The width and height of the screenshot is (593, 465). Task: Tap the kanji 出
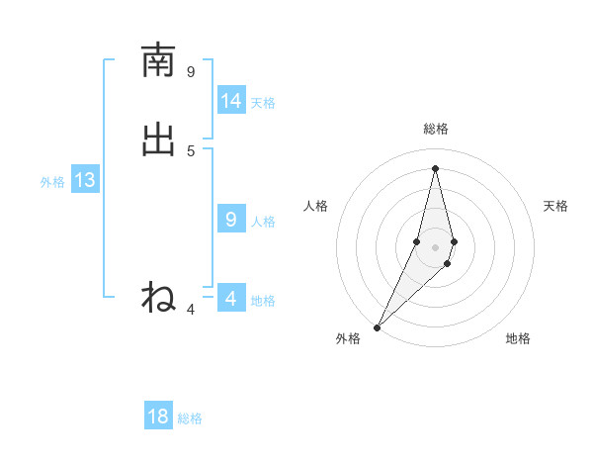[x=158, y=139]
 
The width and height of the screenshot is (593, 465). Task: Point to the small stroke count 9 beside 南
[x=191, y=71]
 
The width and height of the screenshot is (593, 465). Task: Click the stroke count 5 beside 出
[x=191, y=150]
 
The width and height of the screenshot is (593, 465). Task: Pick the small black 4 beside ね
[x=191, y=310]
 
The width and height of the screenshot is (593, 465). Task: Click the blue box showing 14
[x=231, y=101]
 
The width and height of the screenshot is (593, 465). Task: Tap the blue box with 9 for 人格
[x=231, y=220]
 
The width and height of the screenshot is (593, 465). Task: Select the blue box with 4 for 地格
[x=231, y=298]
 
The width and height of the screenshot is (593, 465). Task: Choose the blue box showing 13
[x=85, y=180]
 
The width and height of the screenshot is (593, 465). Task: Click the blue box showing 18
[x=158, y=417]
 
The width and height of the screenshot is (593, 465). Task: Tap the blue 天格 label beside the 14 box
[x=263, y=103]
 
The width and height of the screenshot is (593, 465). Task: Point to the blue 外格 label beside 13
[x=52, y=182]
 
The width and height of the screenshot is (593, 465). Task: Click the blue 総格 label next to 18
[x=190, y=418]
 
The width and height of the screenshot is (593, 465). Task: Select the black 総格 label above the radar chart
[x=435, y=129]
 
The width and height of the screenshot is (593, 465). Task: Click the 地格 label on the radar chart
[x=518, y=338]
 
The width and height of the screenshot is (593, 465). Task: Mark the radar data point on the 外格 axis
[x=377, y=327]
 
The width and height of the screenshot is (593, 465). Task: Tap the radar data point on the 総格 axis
[x=435, y=167]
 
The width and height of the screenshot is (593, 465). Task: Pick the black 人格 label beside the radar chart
[x=315, y=206]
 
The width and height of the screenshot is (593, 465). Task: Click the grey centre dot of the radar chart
[x=435, y=247]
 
